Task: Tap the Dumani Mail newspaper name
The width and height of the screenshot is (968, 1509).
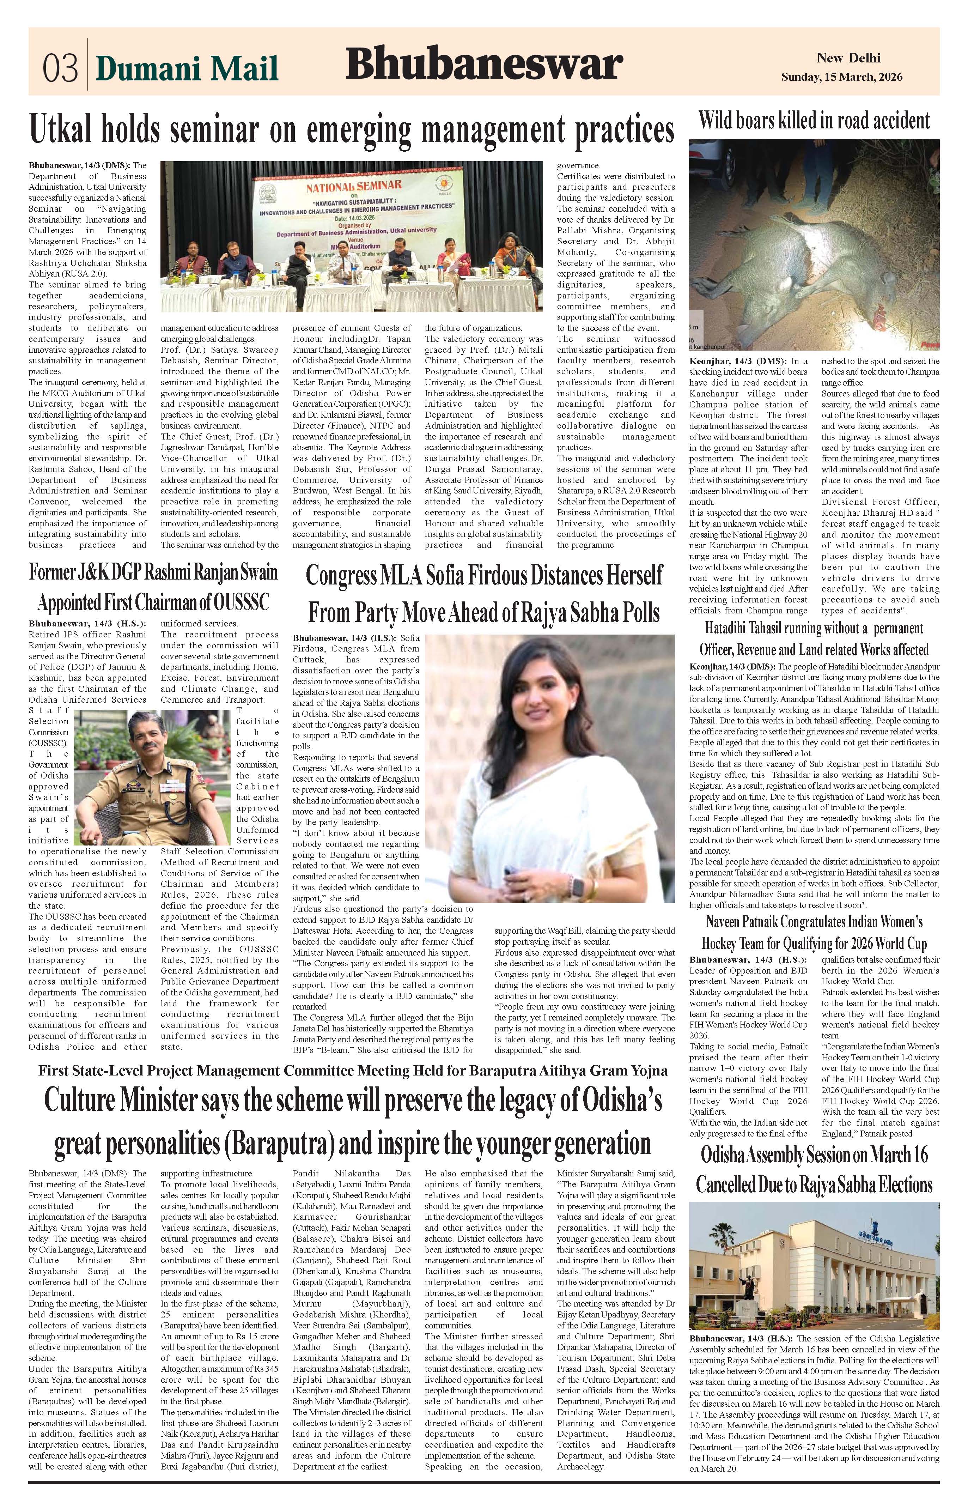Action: click(x=187, y=68)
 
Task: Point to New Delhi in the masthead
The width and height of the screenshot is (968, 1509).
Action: click(x=848, y=58)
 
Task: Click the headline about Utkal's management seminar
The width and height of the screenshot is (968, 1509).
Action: click(x=352, y=130)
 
